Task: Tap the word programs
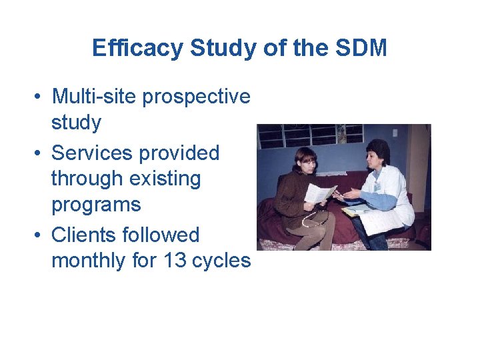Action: pos(96,205)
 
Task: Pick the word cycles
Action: pos(222,261)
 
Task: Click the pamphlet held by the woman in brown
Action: pos(319,193)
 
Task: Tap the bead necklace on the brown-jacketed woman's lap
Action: pos(311,222)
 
